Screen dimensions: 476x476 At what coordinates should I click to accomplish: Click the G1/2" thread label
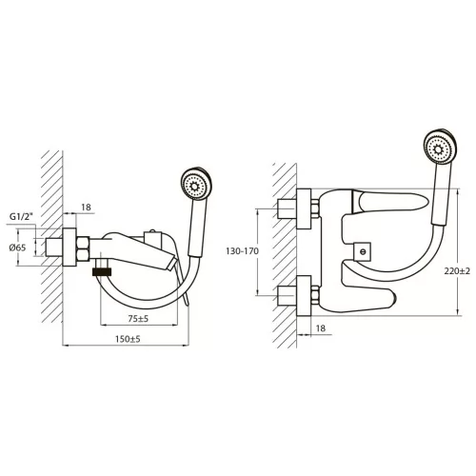point(21,217)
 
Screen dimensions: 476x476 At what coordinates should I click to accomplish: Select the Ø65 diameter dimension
point(17,248)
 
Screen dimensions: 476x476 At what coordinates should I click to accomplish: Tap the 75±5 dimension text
point(138,318)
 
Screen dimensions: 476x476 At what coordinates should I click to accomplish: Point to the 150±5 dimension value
point(128,339)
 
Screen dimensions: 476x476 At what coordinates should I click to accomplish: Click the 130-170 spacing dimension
point(242,251)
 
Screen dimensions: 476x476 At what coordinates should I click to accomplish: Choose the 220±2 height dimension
point(457,271)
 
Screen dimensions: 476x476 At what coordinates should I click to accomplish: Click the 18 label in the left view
point(86,208)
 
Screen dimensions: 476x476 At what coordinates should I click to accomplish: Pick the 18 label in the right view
point(321,327)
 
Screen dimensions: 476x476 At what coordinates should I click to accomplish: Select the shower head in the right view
point(441,147)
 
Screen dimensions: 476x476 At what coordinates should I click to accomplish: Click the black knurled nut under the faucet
point(102,271)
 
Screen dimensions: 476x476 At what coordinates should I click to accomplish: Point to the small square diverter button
point(363,251)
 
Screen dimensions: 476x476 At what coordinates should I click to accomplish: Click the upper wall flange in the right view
point(304,208)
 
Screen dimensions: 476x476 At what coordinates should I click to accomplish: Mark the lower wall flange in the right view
point(304,296)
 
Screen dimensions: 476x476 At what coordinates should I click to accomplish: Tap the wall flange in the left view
point(69,248)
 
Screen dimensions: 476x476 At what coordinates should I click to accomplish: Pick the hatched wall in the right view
point(285,255)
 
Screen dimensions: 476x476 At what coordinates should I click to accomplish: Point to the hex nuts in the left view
point(83,249)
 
